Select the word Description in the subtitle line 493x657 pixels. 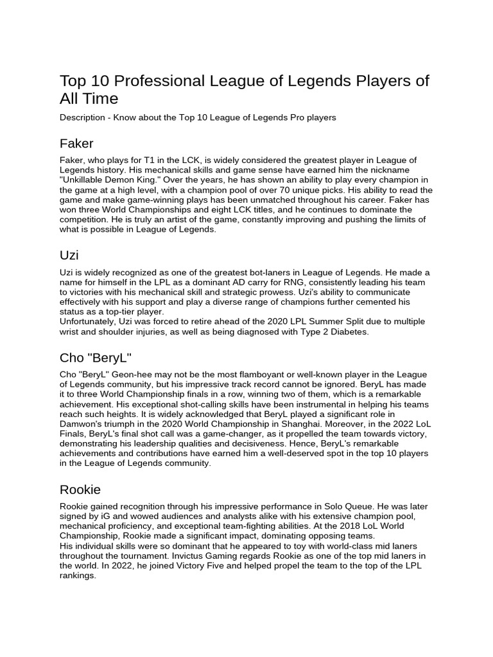(85, 117)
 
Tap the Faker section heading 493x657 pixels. (76, 143)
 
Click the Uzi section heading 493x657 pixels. (69, 255)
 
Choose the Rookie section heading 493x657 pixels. (80, 490)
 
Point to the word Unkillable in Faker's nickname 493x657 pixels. (83, 180)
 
